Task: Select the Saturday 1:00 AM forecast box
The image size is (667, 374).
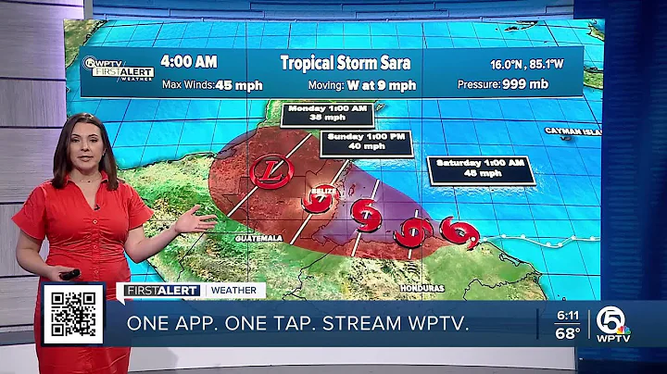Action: [x=478, y=168]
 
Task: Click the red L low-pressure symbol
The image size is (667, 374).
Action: [x=268, y=171]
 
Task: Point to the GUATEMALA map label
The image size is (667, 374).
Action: [x=258, y=238]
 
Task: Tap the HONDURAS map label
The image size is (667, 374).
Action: [x=422, y=288]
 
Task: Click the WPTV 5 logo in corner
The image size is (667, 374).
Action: [x=612, y=323]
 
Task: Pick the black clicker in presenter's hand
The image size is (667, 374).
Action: [x=69, y=274]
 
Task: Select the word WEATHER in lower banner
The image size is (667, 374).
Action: [x=234, y=291]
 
